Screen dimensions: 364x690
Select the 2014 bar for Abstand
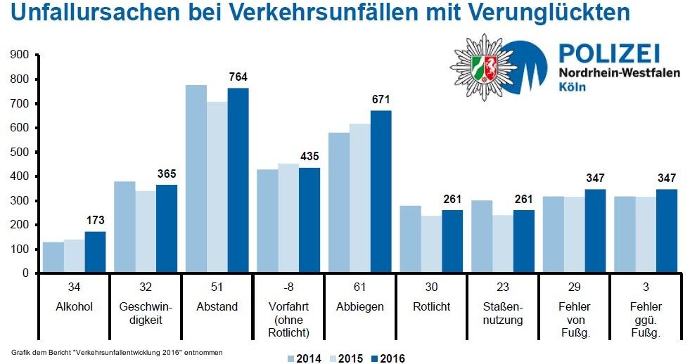196,178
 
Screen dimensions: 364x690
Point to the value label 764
238,77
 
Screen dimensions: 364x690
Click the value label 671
381,100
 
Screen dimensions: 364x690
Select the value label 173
96,221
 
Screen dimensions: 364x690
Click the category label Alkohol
74,307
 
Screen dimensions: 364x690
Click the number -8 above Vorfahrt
288,287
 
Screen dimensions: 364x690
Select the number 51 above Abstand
217,287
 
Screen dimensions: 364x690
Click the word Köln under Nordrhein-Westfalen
571,87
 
